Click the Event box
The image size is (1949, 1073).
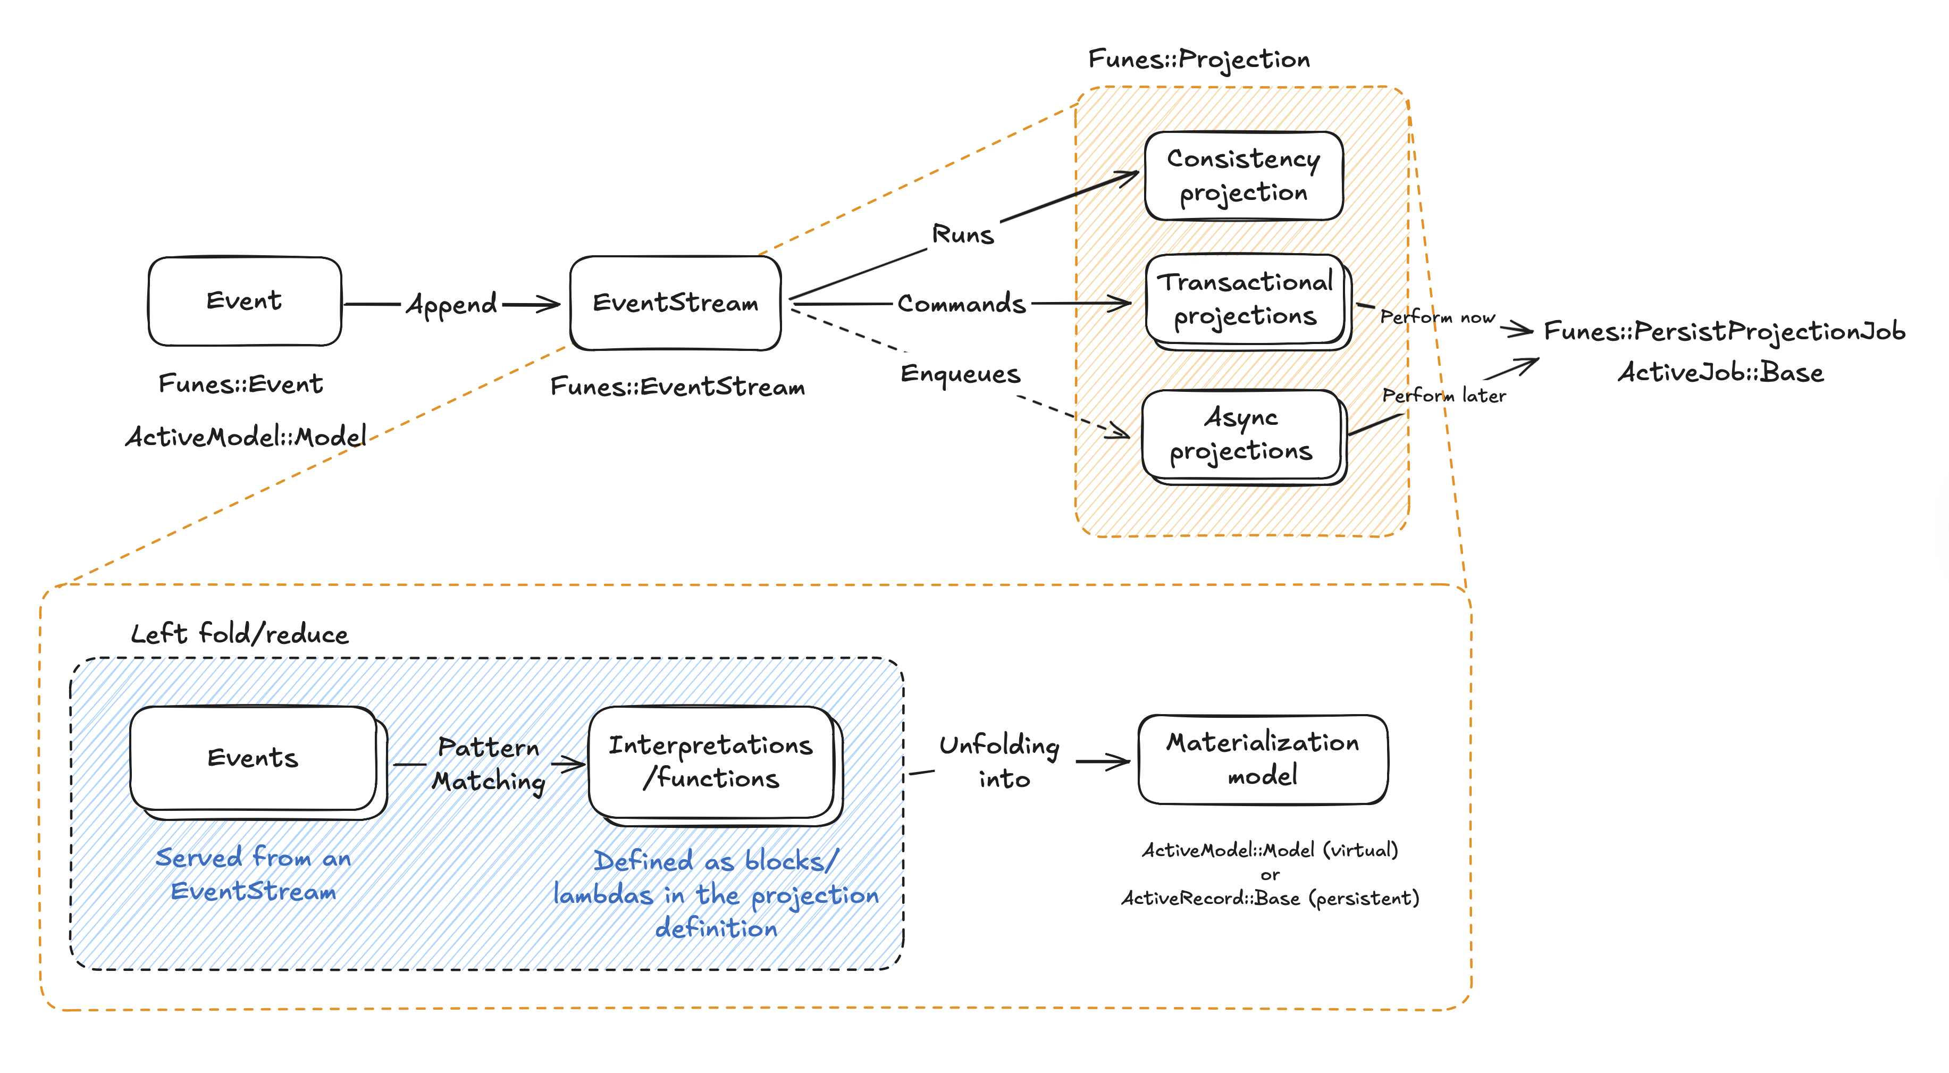tap(245, 301)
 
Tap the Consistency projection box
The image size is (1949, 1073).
tap(1244, 175)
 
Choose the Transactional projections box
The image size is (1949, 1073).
tap(1248, 301)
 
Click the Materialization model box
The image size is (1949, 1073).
tap(1263, 759)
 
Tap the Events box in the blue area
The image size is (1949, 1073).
tap(258, 761)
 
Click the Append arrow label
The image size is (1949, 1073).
tap(452, 304)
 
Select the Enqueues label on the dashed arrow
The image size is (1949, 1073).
tap(960, 374)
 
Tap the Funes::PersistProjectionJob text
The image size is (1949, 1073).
tap(1724, 331)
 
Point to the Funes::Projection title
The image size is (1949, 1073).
tap(1199, 60)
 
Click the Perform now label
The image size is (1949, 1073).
tap(1438, 317)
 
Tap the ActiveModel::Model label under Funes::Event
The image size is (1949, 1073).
tap(246, 437)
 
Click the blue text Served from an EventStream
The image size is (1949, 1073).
tap(254, 874)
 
